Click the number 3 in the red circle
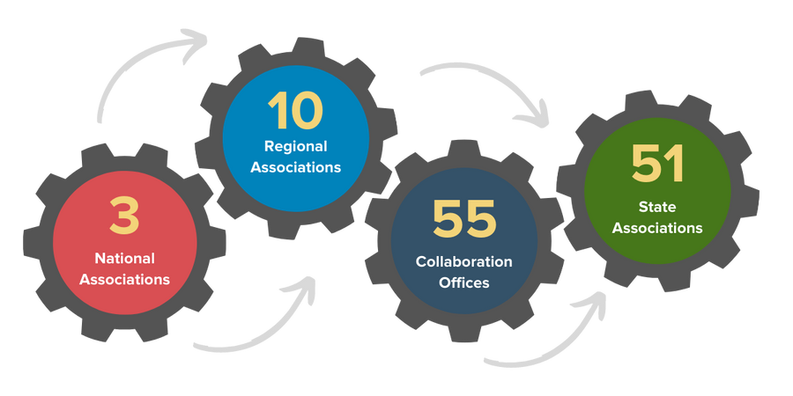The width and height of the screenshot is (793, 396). coord(124,216)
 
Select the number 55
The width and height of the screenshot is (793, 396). coord(464,220)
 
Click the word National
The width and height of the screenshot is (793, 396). coord(124,259)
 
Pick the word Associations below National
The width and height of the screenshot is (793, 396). coord(124,280)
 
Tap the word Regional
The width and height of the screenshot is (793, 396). coord(295,146)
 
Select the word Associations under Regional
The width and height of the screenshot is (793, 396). coord(295,167)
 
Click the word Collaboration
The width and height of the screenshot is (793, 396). coord(464,262)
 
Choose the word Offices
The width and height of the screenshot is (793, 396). coord(464,283)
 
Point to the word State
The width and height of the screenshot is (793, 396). coord(657,207)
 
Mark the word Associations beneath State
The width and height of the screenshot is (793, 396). coord(657,228)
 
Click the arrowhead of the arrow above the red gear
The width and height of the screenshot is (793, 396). coord(195,40)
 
